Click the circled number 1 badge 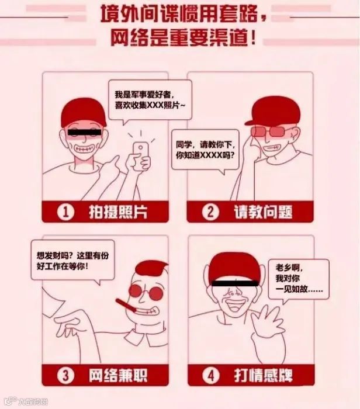coord(67,213)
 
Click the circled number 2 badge coord(210,213)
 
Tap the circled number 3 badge coord(67,372)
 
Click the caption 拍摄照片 coord(117,213)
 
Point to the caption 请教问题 coord(263,213)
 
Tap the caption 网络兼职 coord(117,372)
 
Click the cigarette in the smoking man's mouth coord(125,306)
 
